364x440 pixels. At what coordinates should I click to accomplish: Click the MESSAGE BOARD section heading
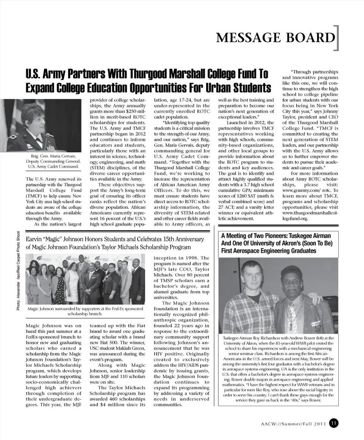(x=275, y=38)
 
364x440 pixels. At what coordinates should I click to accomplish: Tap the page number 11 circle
(x=334, y=423)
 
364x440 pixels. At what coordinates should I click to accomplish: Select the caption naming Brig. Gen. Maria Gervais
(x=52, y=161)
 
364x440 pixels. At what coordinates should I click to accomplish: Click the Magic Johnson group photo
(x=85, y=279)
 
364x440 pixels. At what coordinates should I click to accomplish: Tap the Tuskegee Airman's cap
(x=292, y=271)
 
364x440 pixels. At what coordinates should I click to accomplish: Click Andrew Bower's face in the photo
(x=252, y=276)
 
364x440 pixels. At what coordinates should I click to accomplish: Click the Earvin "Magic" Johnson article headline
(x=115, y=243)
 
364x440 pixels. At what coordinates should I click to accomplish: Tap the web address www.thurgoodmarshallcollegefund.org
(x=309, y=216)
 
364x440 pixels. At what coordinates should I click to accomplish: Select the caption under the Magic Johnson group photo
(x=85, y=312)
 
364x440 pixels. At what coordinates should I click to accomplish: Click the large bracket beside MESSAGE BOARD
(x=337, y=38)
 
